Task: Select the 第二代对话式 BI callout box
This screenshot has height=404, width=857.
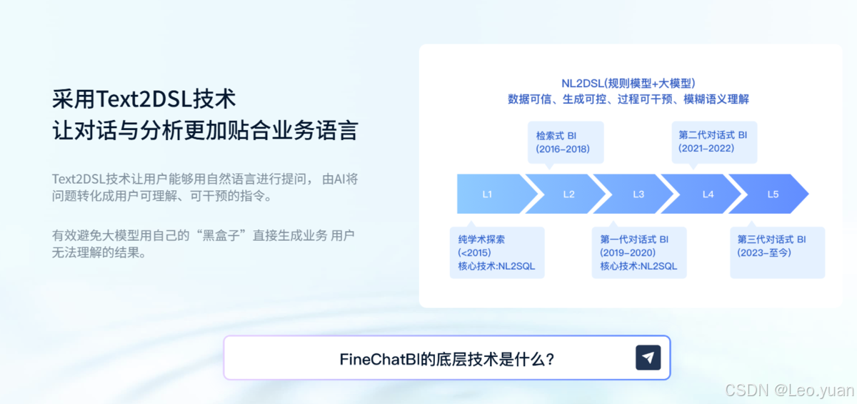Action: [x=713, y=142]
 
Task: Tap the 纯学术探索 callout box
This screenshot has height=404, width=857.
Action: [x=497, y=252]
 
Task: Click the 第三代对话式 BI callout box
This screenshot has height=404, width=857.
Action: [x=777, y=252]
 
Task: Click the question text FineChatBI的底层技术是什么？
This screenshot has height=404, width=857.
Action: [x=447, y=358]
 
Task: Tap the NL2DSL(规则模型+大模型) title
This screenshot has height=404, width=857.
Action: [x=628, y=84]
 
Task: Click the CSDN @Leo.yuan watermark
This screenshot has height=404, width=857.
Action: [x=789, y=390]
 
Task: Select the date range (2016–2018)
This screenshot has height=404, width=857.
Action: [x=562, y=149]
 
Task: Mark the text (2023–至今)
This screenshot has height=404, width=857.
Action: [x=766, y=252]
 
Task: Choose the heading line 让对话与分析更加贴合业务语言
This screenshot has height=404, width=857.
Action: [x=205, y=132]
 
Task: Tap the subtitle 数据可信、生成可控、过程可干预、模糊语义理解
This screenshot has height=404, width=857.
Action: [x=628, y=99]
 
